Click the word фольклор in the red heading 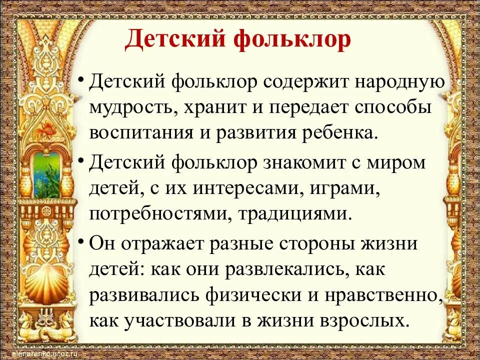tap(290, 40)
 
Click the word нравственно tap(387, 294)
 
